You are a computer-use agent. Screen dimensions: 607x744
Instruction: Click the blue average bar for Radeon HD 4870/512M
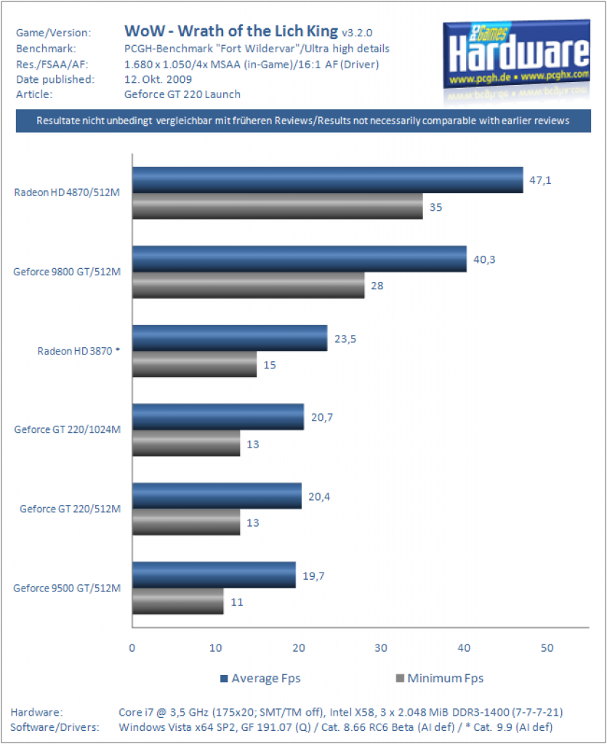pyautogui.click(x=327, y=180)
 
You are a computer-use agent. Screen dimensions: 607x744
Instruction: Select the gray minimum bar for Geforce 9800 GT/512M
pyautogui.click(x=248, y=285)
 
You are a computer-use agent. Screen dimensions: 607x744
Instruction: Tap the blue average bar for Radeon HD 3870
pyautogui.click(x=230, y=338)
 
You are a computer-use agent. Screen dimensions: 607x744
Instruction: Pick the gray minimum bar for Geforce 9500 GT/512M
pyautogui.click(x=178, y=601)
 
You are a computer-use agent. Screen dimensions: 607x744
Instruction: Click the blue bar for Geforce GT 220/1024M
pyautogui.click(x=218, y=417)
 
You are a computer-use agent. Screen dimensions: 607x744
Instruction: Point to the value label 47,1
pyautogui.click(x=540, y=180)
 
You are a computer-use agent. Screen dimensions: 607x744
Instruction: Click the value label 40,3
pyautogui.click(x=484, y=259)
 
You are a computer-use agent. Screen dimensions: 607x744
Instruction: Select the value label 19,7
pyautogui.click(x=314, y=576)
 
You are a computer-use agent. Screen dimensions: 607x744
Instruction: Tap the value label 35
pyautogui.click(x=435, y=207)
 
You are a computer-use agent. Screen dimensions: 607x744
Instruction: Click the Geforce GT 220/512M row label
pyautogui.click(x=71, y=509)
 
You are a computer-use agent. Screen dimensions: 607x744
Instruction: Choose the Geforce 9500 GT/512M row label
pyautogui.click(x=67, y=588)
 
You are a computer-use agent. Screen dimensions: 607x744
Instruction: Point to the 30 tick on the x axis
pyautogui.click(x=381, y=648)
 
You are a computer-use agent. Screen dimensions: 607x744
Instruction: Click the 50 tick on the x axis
pyautogui.click(x=547, y=648)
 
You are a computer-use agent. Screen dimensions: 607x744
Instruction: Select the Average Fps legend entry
pyautogui.click(x=260, y=679)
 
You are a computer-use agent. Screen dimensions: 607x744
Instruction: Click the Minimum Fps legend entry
pyautogui.click(x=440, y=679)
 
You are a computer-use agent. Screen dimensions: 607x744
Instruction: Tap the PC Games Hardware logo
pyautogui.click(x=517, y=59)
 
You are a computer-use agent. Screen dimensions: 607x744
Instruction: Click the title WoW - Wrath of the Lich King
pyautogui.click(x=231, y=31)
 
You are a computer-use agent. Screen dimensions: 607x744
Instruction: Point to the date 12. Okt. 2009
pyautogui.click(x=158, y=79)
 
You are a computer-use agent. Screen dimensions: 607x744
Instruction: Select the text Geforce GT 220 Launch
pyautogui.click(x=182, y=94)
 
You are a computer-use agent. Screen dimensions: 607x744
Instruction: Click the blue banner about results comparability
pyautogui.click(x=303, y=121)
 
